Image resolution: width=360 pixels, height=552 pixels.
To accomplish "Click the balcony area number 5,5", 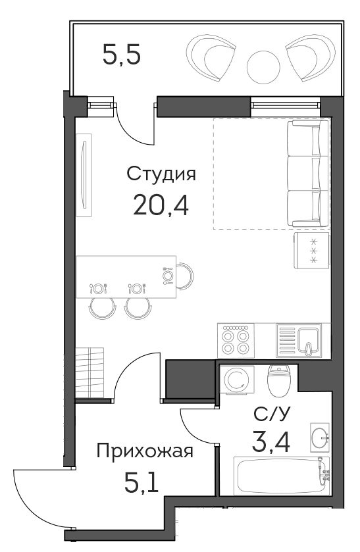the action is coord(122,55).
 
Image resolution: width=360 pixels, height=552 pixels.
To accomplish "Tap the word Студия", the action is coord(161,174).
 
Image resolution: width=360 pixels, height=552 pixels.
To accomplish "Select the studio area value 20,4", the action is coord(161,205).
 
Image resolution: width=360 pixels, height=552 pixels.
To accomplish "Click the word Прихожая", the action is coord(145,451).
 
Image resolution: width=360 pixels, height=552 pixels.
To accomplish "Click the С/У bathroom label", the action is coord(272,414).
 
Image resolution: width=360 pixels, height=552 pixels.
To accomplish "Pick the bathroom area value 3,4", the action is coord(271,442).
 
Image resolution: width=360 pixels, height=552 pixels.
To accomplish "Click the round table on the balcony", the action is coord(263,67).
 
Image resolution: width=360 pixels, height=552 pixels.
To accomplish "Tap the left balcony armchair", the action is coord(211,57).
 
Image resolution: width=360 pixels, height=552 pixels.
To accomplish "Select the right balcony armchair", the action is coord(311,57).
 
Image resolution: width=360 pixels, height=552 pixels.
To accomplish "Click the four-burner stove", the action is coord(236,340).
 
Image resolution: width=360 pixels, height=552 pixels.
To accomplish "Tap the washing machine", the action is coord(237,379).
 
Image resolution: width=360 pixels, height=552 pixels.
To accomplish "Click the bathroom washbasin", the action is coord(320,438).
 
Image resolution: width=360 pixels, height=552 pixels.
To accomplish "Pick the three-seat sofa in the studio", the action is coord(308,173).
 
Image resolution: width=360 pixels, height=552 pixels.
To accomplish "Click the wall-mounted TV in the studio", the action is coord(84,175).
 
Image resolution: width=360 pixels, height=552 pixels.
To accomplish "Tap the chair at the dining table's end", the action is coord(186,276).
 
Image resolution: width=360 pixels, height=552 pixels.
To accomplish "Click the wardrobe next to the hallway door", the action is coord(90,372).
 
